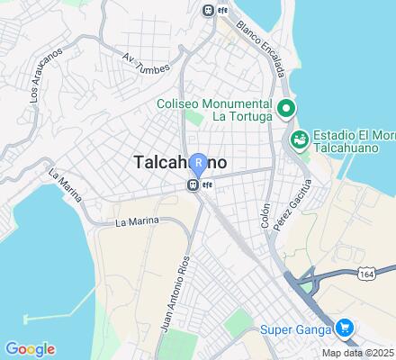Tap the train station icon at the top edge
(209, 11)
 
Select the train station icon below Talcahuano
(193, 184)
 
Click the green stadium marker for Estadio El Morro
(298, 139)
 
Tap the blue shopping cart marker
(343, 328)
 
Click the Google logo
(30, 349)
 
